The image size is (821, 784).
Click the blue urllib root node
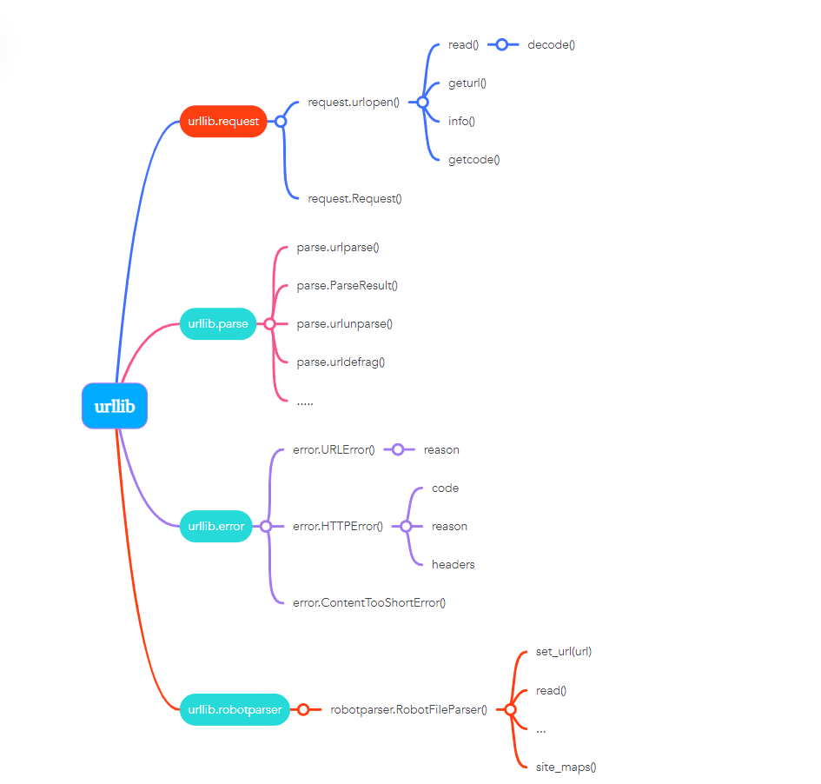pos(115,406)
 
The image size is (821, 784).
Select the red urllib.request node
pos(223,122)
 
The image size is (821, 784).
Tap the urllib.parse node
pos(218,324)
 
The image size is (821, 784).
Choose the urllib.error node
pos(216,526)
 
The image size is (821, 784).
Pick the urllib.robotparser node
pos(235,709)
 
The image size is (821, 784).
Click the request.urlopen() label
pos(354,102)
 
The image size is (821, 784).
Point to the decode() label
pos(551,44)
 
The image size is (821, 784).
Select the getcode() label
pos(473,159)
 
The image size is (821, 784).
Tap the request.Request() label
pos(354,198)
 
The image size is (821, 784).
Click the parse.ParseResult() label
pos(347,285)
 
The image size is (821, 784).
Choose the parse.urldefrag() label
pos(341,362)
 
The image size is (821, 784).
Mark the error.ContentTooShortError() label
pos(369,602)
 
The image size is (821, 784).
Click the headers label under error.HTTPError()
pos(453,564)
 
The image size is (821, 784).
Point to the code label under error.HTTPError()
pos(445,488)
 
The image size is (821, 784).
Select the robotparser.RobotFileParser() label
pos(408,709)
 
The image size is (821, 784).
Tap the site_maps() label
pos(566,767)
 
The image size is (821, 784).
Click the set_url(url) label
pos(563,651)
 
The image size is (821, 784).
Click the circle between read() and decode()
pos(501,44)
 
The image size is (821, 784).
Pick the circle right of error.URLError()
pos(397,449)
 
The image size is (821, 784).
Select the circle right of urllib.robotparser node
pos(303,709)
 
